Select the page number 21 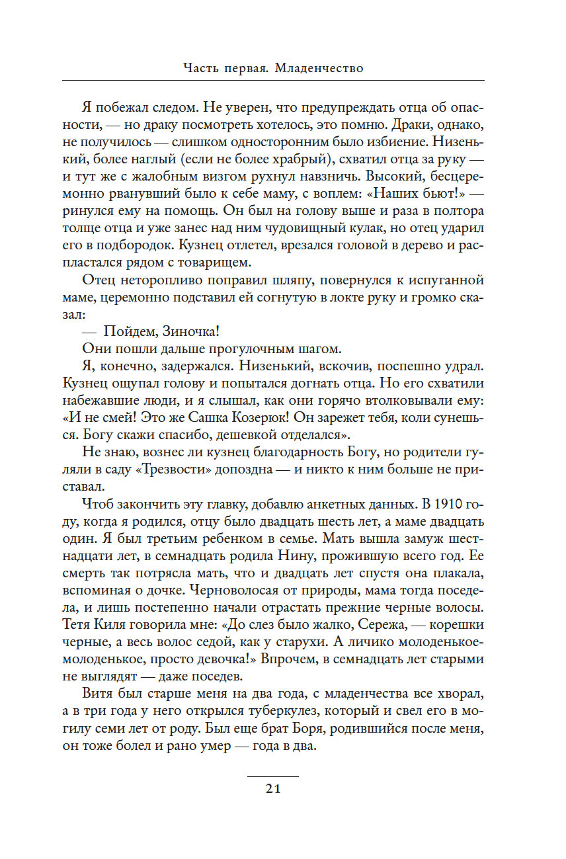point(272,788)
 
